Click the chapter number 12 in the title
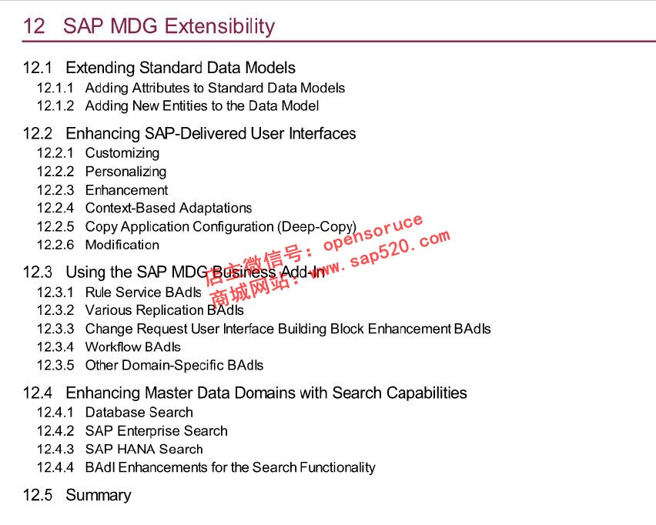click(x=34, y=26)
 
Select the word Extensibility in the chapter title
click(x=220, y=26)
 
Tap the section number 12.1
click(x=38, y=68)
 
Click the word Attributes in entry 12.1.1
click(x=161, y=88)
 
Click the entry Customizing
click(x=122, y=153)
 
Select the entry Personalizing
click(x=126, y=172)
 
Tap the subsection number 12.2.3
click(x=55, y=190)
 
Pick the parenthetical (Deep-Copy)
click(x=316, y=227)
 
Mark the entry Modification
click(x=122, y=245)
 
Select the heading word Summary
click(x=99, y=495)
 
